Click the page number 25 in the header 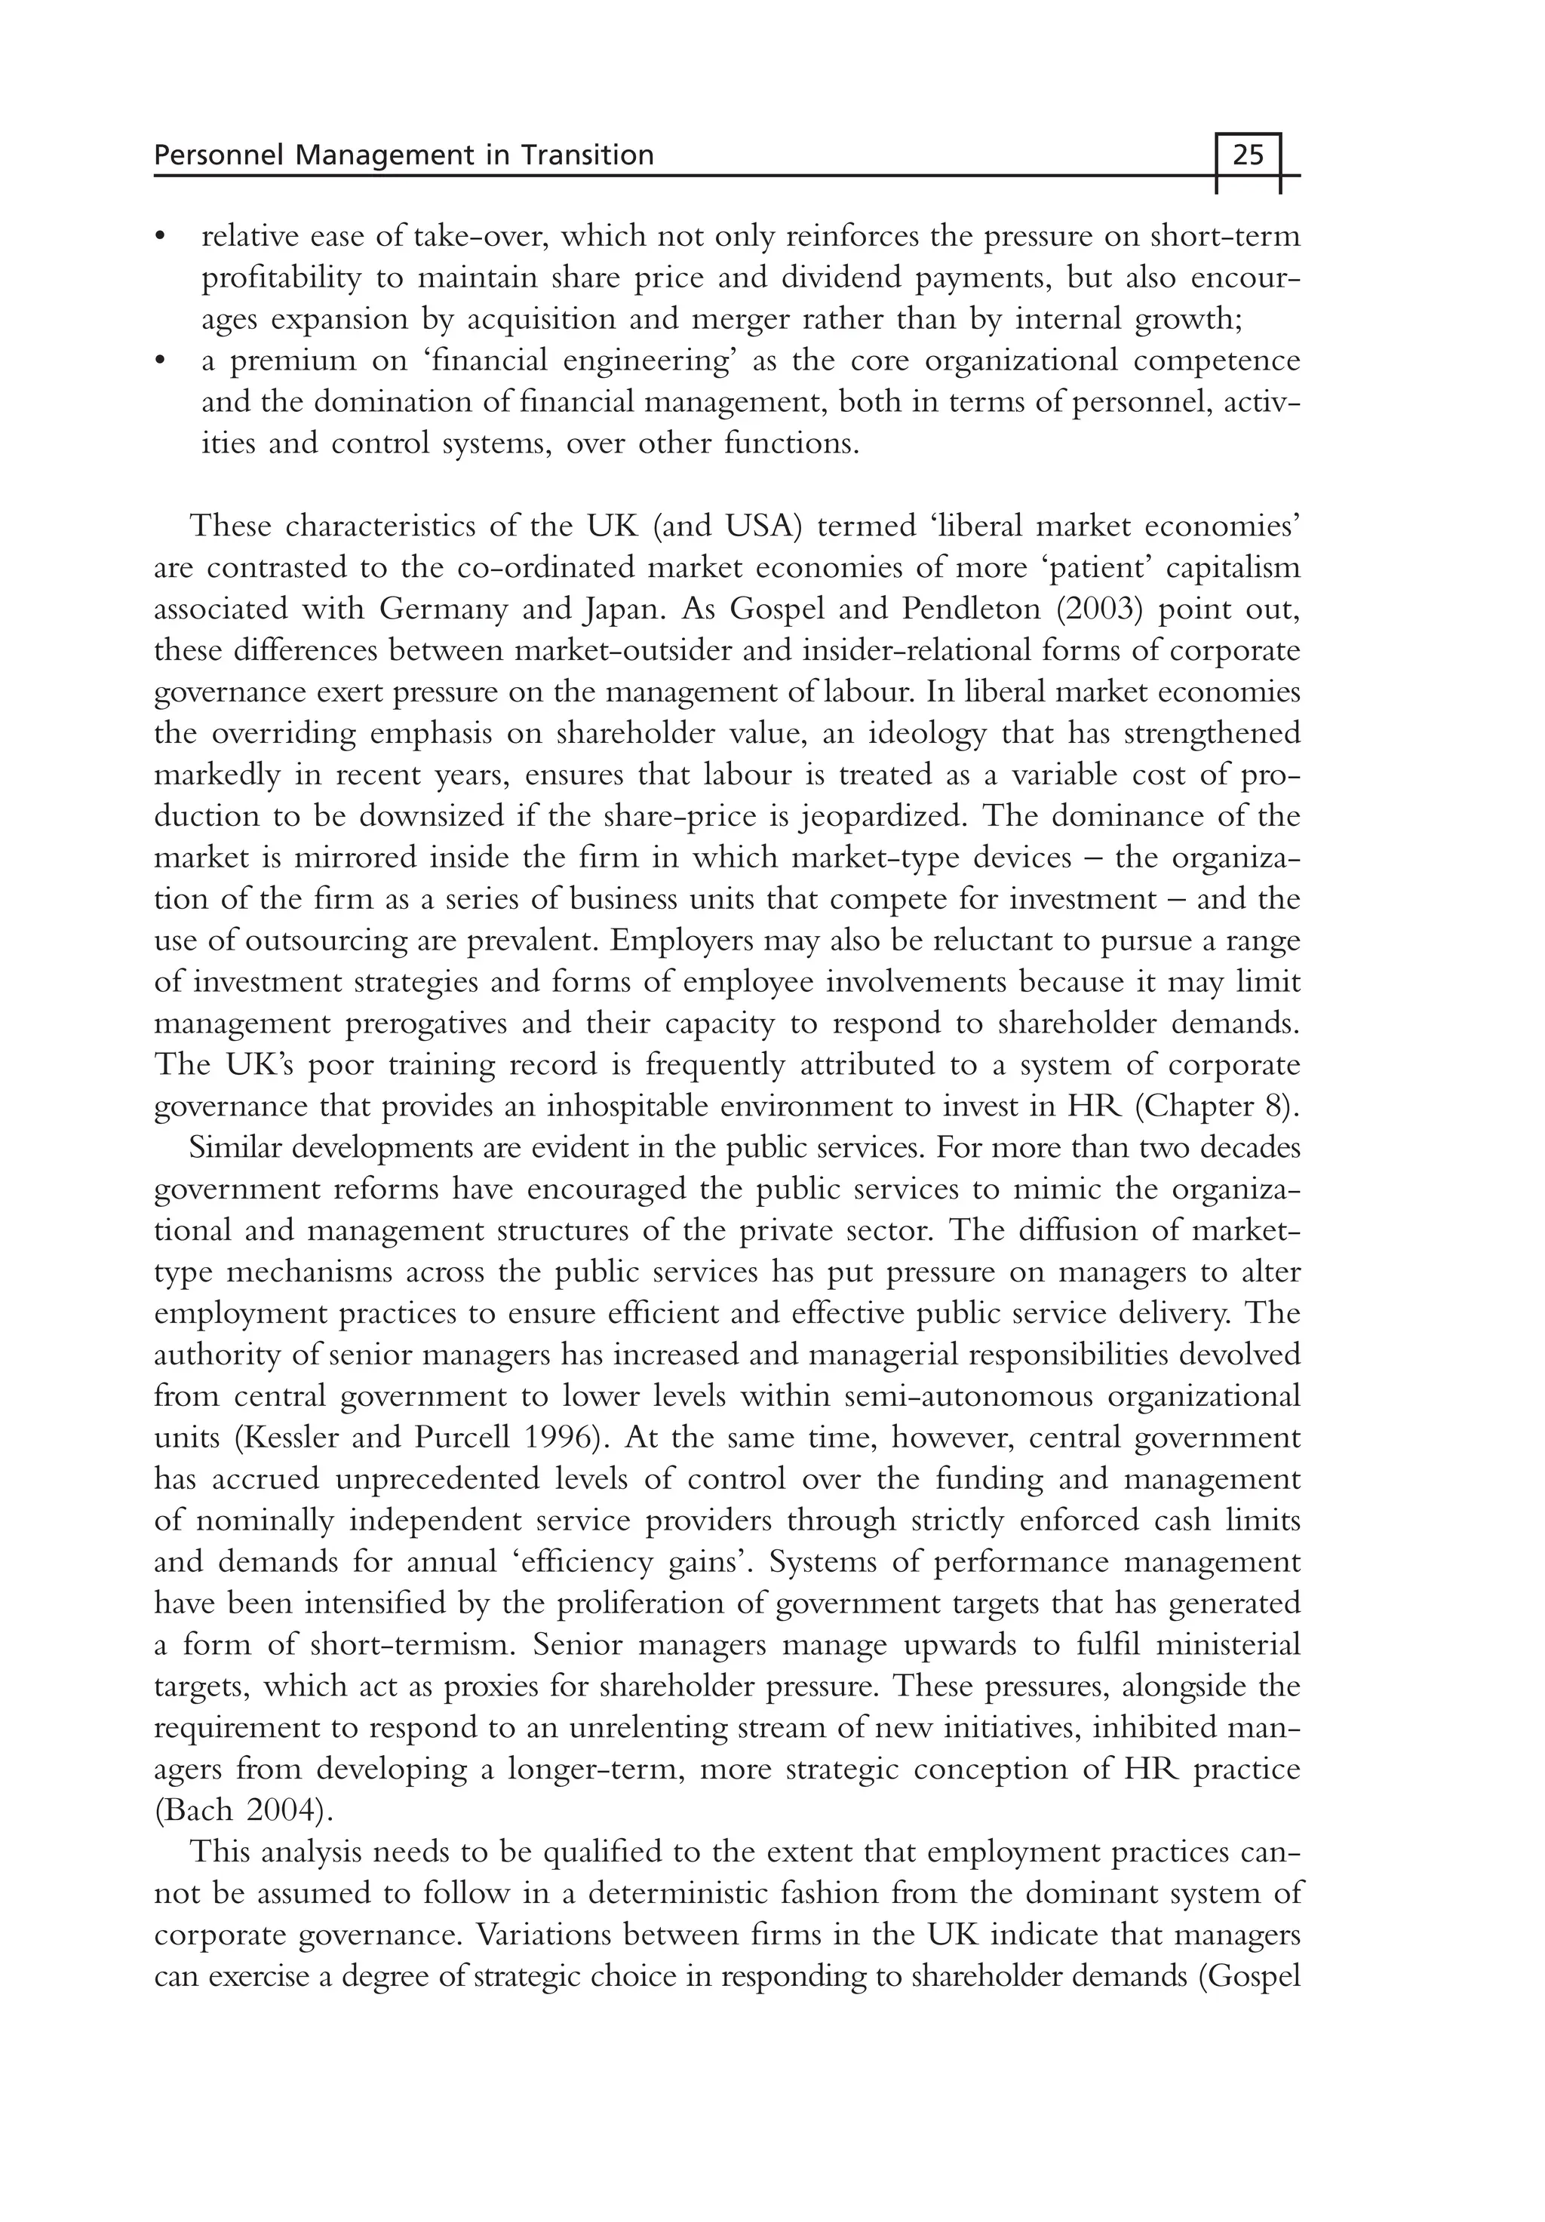pyautogui.click(x=1248, y=155)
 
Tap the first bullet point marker pyautogui.click(x=161, y=237)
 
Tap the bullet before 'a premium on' pyautogui.click(x=161, y=361)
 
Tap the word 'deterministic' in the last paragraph pyautogui.click(x=686, y=1893)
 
